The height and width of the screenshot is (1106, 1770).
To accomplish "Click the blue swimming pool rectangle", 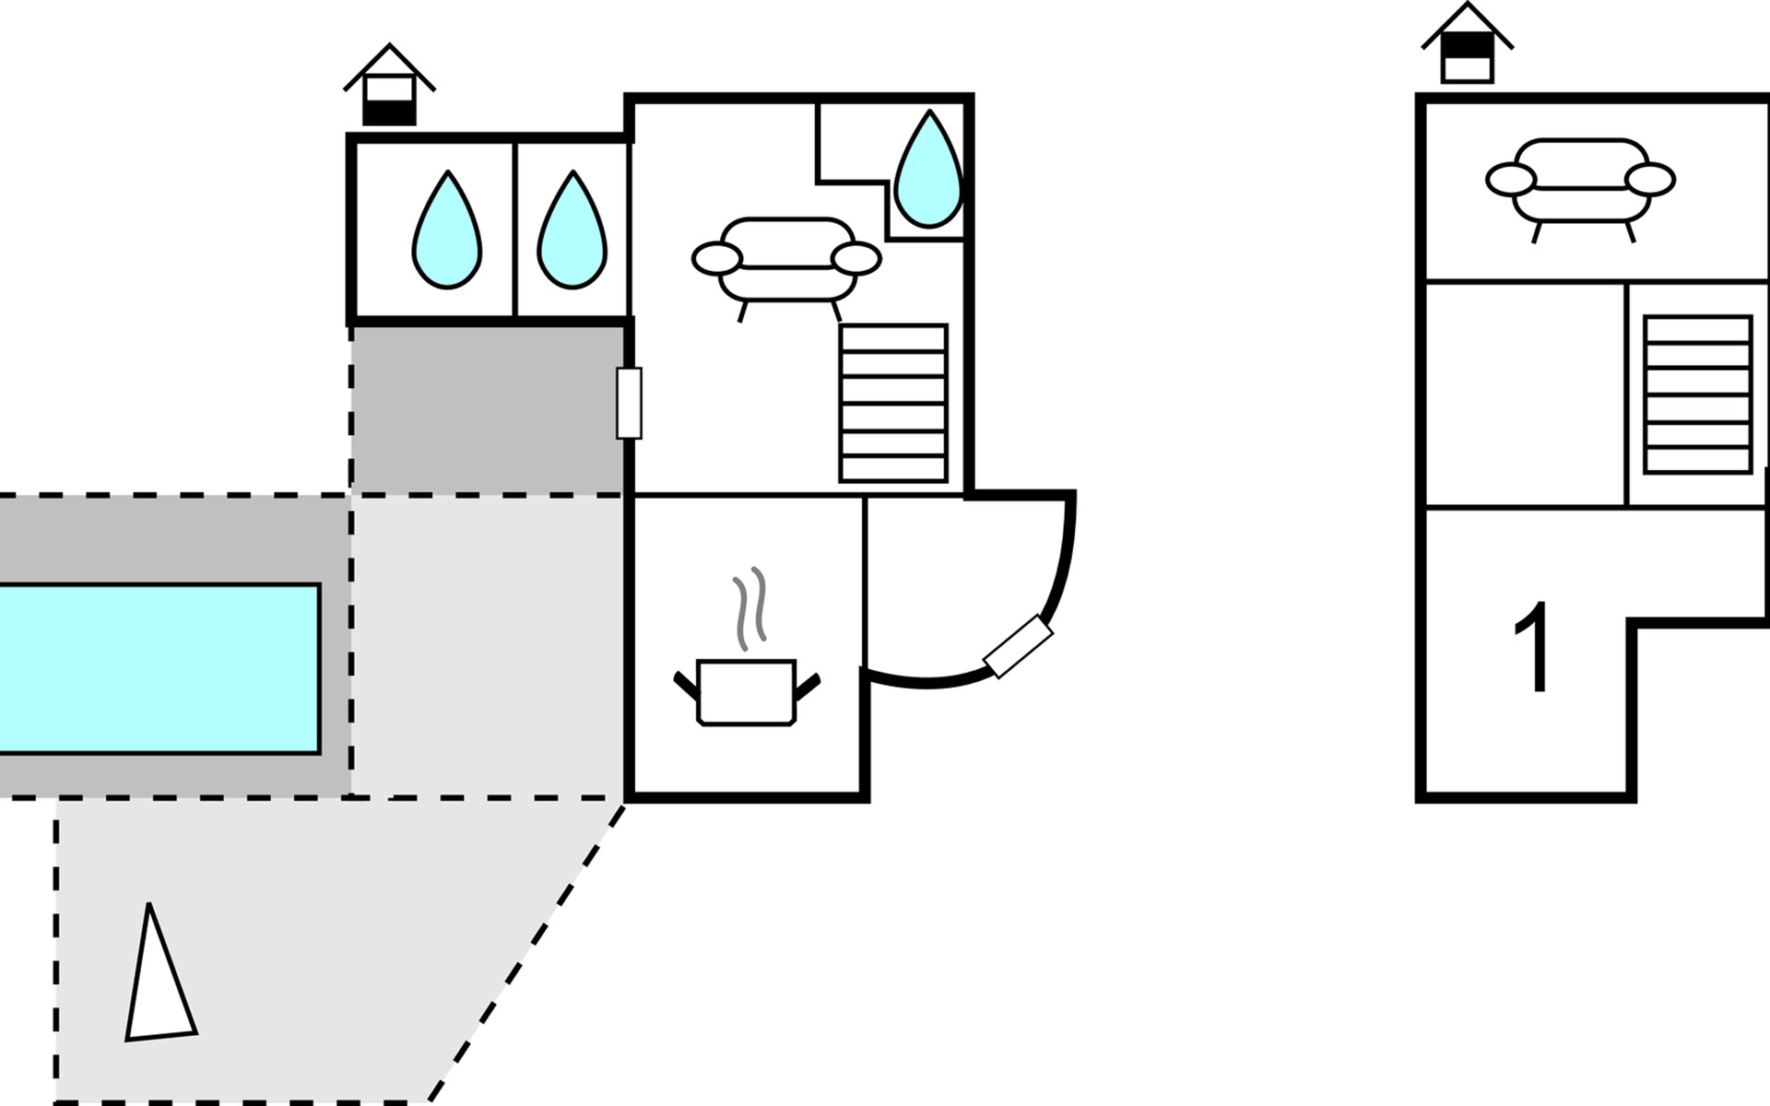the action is point(159,668).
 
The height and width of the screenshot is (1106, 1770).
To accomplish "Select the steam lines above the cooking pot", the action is point(749,607).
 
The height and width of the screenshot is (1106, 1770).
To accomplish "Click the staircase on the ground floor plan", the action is point(893,403).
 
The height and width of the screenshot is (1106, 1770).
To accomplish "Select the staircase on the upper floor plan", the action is point(1697,394).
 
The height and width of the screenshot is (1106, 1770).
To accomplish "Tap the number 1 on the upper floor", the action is point(1532,647).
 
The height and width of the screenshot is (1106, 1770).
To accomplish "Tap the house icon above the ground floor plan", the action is point(389,85).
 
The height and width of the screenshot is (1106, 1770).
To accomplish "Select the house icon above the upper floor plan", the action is point(1467,43).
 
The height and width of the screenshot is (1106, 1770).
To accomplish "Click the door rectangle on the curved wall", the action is point(1018,646).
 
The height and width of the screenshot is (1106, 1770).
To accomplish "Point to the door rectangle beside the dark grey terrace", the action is point(629,403).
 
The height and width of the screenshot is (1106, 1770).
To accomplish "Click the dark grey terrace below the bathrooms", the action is point(488,409).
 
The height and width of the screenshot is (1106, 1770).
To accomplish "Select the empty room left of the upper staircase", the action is point(1525,394).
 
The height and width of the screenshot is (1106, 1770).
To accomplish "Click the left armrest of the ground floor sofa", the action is point(717,259).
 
